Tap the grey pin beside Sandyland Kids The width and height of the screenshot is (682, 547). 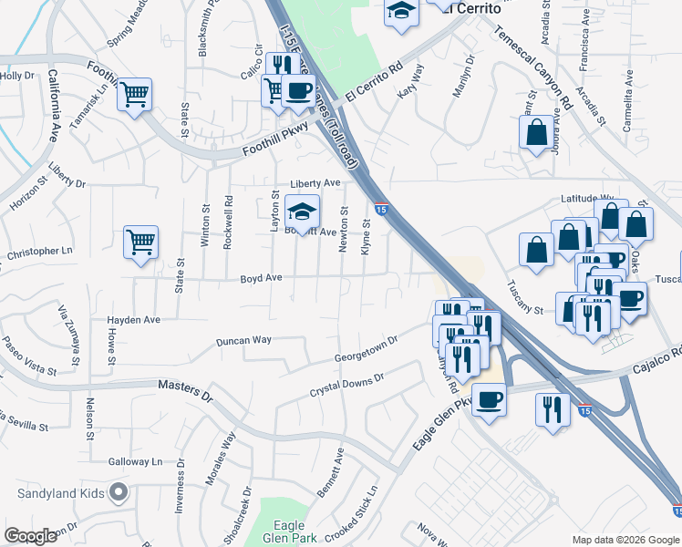(118, 494)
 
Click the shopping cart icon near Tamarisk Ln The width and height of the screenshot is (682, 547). (135, 94)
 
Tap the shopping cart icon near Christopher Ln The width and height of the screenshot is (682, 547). (141, 243)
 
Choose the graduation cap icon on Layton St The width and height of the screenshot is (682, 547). (303, 213)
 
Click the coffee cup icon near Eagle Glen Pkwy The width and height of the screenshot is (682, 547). (490, 399)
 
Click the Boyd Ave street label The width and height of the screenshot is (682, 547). (261, 279)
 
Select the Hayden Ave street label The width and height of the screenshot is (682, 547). (134, 320)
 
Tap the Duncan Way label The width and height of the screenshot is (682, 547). (243, 340)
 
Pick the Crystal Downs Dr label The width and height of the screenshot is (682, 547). (347, 384)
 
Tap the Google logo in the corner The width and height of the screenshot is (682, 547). (30, 535)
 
